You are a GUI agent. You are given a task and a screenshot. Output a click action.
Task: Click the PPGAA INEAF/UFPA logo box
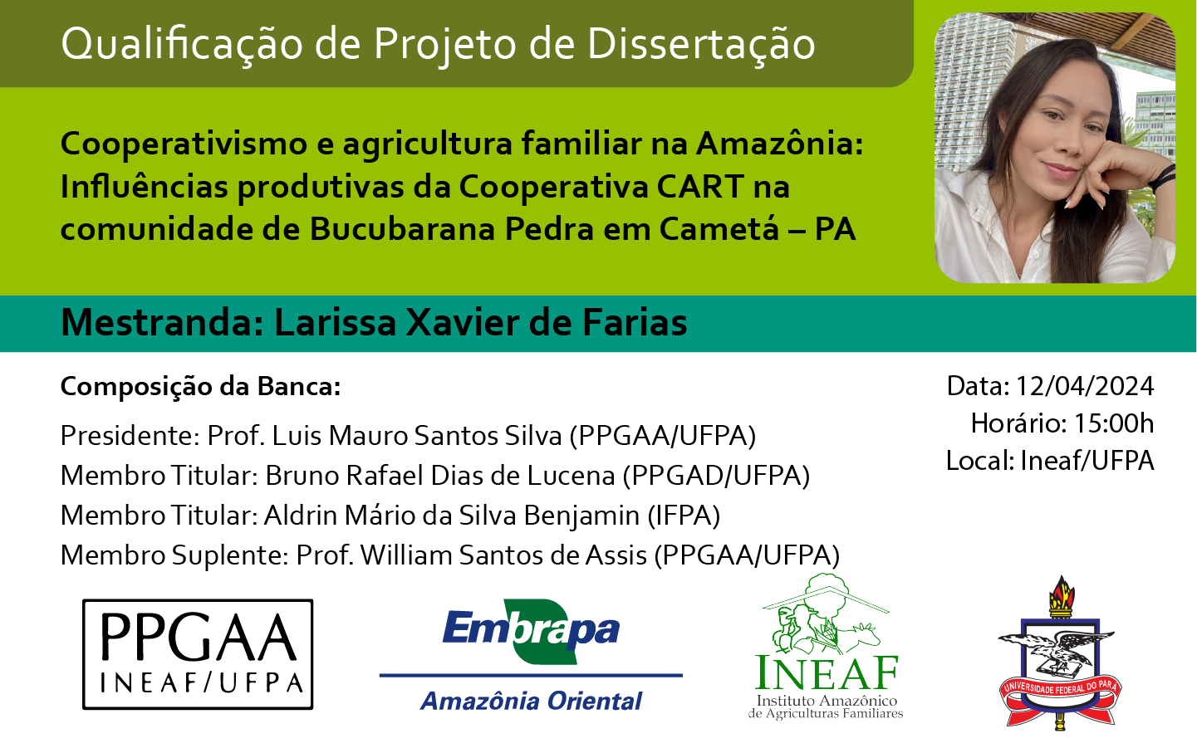[x=198, y=654]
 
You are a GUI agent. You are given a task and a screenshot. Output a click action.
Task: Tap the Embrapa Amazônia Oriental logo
[x=531, y=656]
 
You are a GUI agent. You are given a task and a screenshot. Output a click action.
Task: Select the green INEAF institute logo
[x=827, y=647]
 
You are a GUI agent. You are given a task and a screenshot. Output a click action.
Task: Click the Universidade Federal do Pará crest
[x=1060, y=653]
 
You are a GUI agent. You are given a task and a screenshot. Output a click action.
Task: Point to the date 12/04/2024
[x=1084, y=386]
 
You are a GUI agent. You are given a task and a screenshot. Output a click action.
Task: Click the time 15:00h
[x=1114, y=423]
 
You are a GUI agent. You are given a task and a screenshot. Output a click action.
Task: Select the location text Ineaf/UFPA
[x=1087, y=461]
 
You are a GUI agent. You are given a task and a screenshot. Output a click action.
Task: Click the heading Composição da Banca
[x=200, y=387]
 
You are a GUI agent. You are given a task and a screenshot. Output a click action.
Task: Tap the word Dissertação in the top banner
[x=701, y=44]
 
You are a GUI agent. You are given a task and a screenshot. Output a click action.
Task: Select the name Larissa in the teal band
[x=335, y=322]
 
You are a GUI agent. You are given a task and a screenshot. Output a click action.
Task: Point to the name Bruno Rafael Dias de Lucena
[x=439, y=475]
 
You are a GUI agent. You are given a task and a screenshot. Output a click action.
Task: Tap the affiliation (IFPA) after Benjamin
[x=684, y=516]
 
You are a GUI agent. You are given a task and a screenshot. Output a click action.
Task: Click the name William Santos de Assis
[x=503, y=555]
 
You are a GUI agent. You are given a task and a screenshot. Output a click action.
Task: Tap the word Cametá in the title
[x=719, y=229]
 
